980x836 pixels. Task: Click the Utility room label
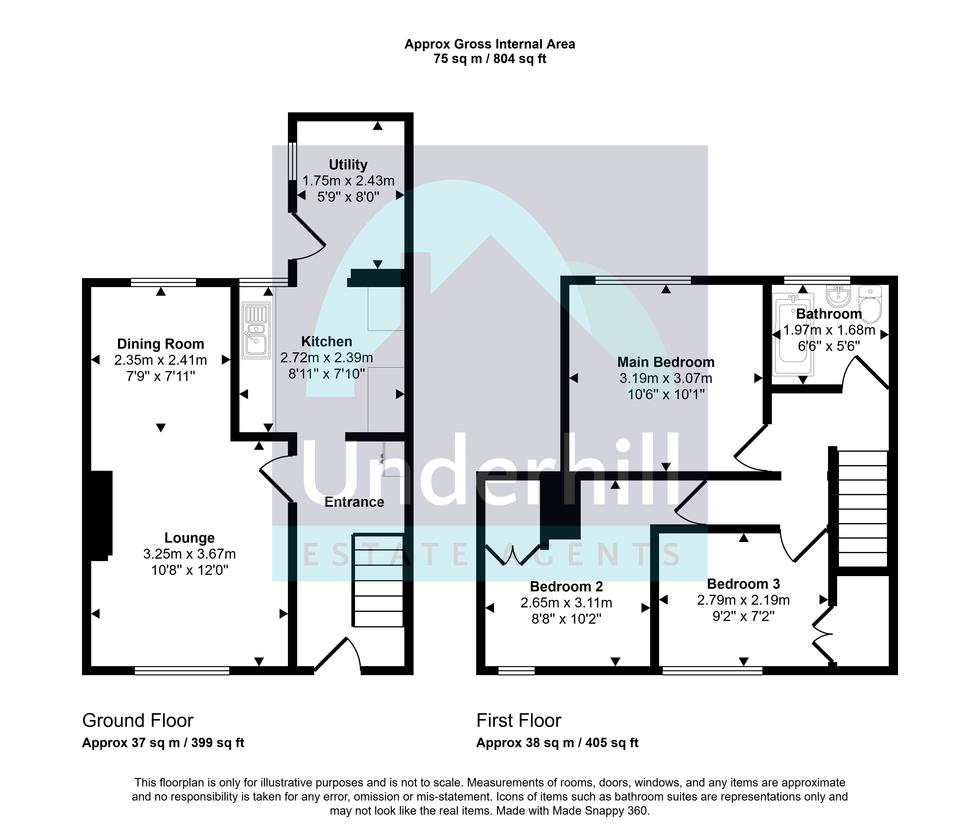pyautogui.click(x=348, y=165)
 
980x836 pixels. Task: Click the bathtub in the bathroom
pyautogui.click(x=793, y=334)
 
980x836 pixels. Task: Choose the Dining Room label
pyautogui.click(x=161, y=344)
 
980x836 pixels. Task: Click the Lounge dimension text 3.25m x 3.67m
pyautogui.click(x=190, y=554)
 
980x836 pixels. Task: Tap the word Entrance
pyautogui.click(x=354, y=502)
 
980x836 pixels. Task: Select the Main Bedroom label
pyautogui.click(x=666, y=362)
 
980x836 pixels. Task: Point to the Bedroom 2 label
pyautogui.click(x=567, y=587)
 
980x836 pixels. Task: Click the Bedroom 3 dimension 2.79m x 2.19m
pyautogui.click(x=743, y=600)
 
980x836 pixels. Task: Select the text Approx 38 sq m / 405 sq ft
pyautogui.click(x=557, y=743)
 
